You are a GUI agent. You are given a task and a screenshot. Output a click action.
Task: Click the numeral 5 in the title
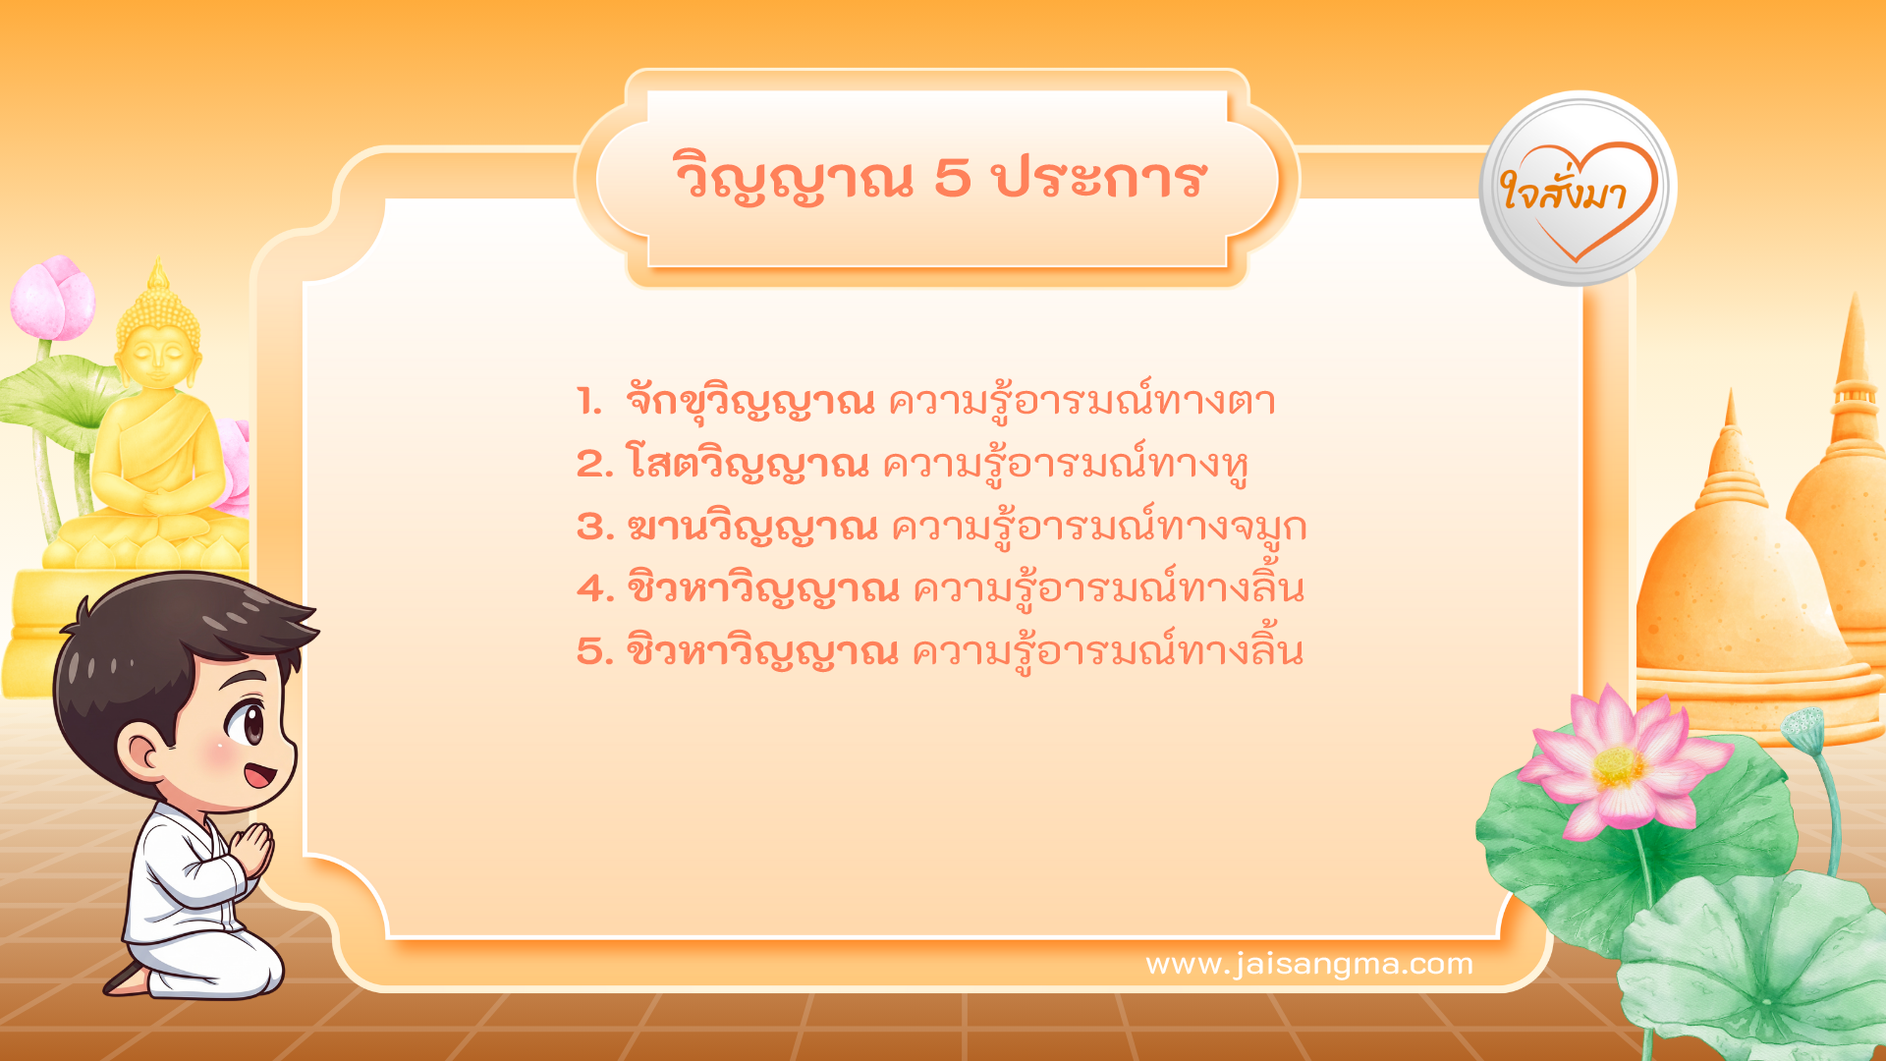(952, 178)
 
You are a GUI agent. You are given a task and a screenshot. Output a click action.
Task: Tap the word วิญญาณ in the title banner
(794, 180)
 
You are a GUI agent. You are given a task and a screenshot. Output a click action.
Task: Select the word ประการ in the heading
(1098, 180)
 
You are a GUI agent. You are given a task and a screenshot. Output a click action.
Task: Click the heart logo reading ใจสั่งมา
(1578, 190)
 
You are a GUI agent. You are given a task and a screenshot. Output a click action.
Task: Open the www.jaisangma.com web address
(1309, 965)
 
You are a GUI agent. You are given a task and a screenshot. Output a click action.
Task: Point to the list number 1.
(589, 402)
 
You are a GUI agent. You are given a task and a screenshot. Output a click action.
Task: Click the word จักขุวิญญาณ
(749, 402)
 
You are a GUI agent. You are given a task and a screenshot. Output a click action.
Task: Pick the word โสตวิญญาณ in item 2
(747, 464)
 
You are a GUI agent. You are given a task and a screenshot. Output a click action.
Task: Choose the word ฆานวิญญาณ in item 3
(751, 528)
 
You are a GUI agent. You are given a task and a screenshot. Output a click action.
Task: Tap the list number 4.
(595, 588)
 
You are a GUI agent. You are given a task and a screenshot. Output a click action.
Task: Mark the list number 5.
(594, 651)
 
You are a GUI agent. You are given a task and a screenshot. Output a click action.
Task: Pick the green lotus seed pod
(1803, 728)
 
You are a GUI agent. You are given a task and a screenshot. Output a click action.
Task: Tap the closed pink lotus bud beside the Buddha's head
(54, 299)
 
